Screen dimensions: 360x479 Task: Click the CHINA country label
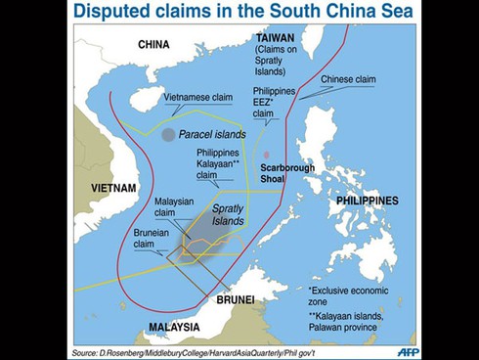[153, 44]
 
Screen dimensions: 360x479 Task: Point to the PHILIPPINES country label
[367, 200]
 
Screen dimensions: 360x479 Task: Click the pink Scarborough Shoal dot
[266, 155]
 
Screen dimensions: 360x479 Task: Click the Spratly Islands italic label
[228, 215]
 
